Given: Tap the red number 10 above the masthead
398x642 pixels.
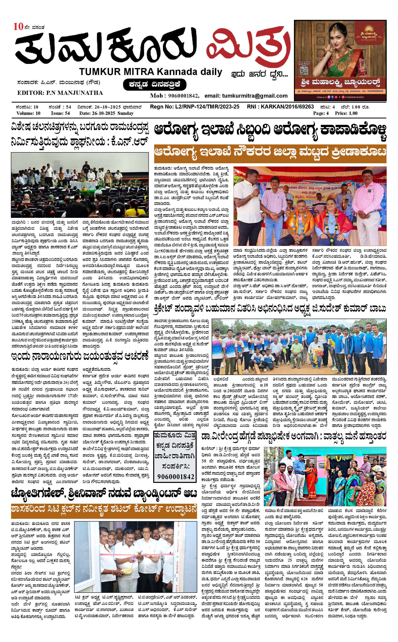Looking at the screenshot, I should click(x=18, y=27).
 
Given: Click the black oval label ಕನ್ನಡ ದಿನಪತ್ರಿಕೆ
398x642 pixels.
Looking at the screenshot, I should click(x=155, y=85).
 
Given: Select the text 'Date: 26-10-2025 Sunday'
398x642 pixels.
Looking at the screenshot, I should click(x=106, y=113).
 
